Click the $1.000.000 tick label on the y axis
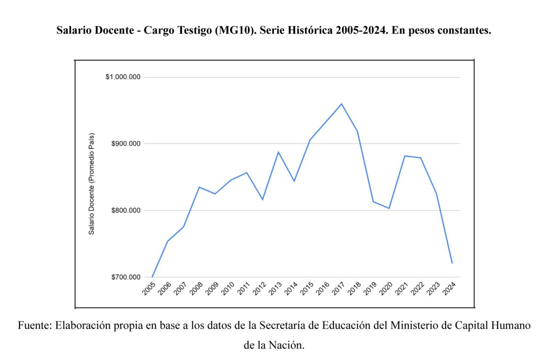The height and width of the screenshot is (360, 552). [123, 77]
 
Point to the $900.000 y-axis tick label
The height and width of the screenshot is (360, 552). [125, 144]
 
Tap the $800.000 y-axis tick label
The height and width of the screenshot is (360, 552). [125, 211]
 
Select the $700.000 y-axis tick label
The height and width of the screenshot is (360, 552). [125, 277]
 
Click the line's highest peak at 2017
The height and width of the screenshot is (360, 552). [342, 104]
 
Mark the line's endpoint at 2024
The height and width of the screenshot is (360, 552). [453, 263]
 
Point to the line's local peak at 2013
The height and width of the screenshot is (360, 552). [278, 152]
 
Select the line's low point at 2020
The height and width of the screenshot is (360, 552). [389, 208]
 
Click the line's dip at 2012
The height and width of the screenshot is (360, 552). [263, 200]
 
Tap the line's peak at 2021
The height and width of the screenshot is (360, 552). [405, 156]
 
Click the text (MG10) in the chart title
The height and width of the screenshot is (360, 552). [233, 31]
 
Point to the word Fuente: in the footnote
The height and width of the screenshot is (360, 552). [34, 326]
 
